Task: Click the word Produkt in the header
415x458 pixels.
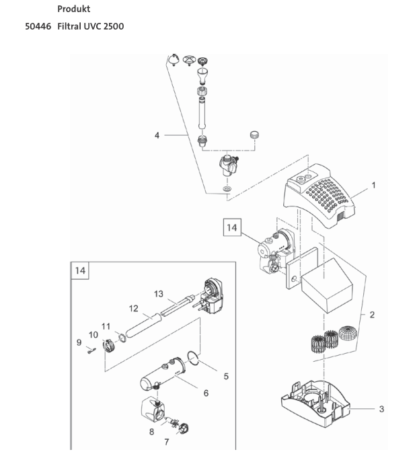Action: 74,9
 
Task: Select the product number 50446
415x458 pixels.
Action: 38,26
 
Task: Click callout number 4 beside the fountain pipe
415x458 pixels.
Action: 157,135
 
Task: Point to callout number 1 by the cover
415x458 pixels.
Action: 373,185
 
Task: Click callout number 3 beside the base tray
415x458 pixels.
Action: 382,408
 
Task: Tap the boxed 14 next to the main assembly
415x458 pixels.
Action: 231,229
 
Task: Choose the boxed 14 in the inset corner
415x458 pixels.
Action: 81,271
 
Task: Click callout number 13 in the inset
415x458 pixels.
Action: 159,294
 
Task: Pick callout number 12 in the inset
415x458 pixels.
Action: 133,309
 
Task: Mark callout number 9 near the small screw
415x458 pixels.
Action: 79,342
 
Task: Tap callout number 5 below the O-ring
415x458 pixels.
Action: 226,376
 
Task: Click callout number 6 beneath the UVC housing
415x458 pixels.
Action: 206,393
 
